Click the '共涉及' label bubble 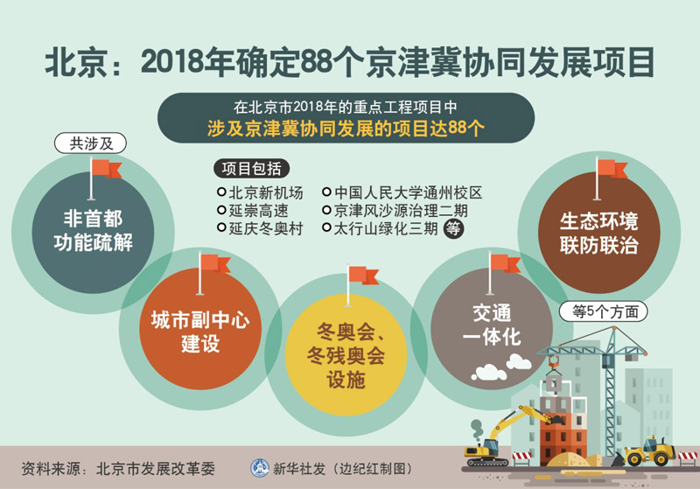90,143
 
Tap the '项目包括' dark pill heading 251,169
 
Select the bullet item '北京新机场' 260,192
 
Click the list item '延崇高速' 253,211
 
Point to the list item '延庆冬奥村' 260,228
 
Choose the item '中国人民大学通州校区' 402,192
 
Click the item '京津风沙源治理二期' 395,211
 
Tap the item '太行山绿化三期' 381,228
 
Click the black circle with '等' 453,229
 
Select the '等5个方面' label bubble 603,312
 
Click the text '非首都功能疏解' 93,231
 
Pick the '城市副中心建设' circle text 199,332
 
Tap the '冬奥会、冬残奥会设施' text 346,355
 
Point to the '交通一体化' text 492,325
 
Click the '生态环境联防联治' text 598,233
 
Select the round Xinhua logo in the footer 259,468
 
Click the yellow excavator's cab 489,446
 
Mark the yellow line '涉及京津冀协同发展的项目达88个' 346,129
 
